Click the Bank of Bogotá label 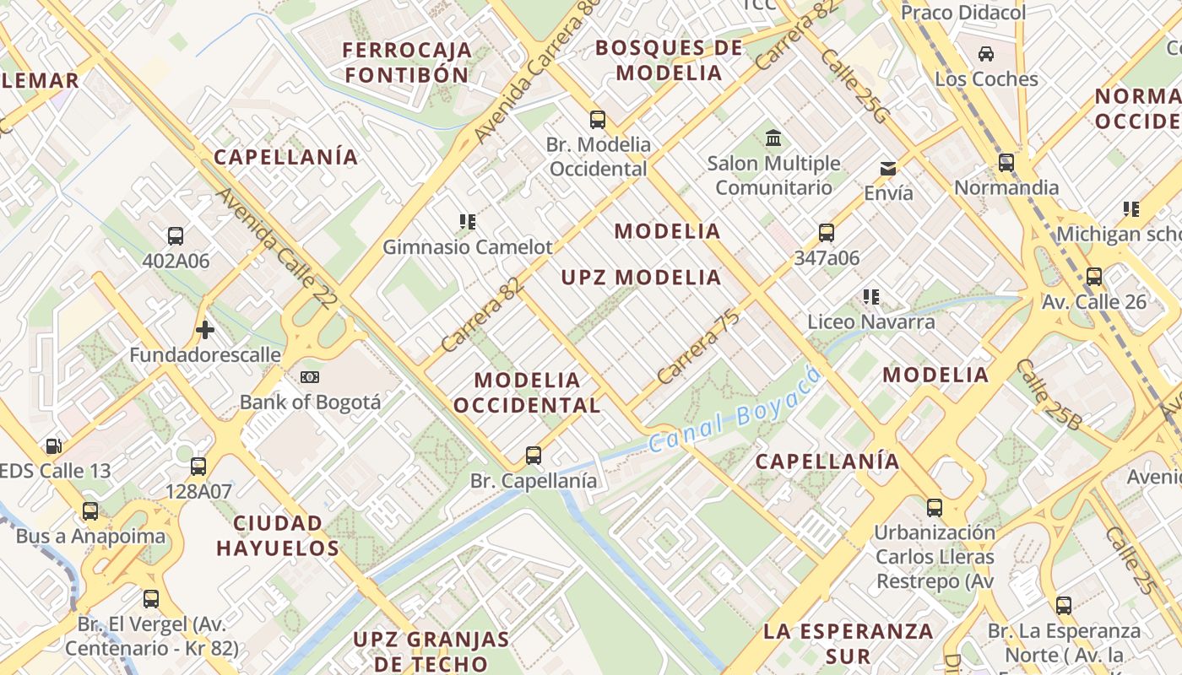(310, 402)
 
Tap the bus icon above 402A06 (176, 236)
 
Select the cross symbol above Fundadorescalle (204, 330)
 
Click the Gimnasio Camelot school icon (468, 222)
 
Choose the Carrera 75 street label (698, 347)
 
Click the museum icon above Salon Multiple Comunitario (773, 138)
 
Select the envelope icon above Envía (888, 169)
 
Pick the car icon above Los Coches (985, 54)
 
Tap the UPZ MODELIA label (641, 278)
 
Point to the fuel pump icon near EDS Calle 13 (53, 445)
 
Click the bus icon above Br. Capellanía (534, 456)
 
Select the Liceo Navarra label (871, 321)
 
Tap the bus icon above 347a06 (827, 233)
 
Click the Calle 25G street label (853, 86)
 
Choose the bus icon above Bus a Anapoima (90, 510)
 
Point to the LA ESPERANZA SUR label (848, 643)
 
